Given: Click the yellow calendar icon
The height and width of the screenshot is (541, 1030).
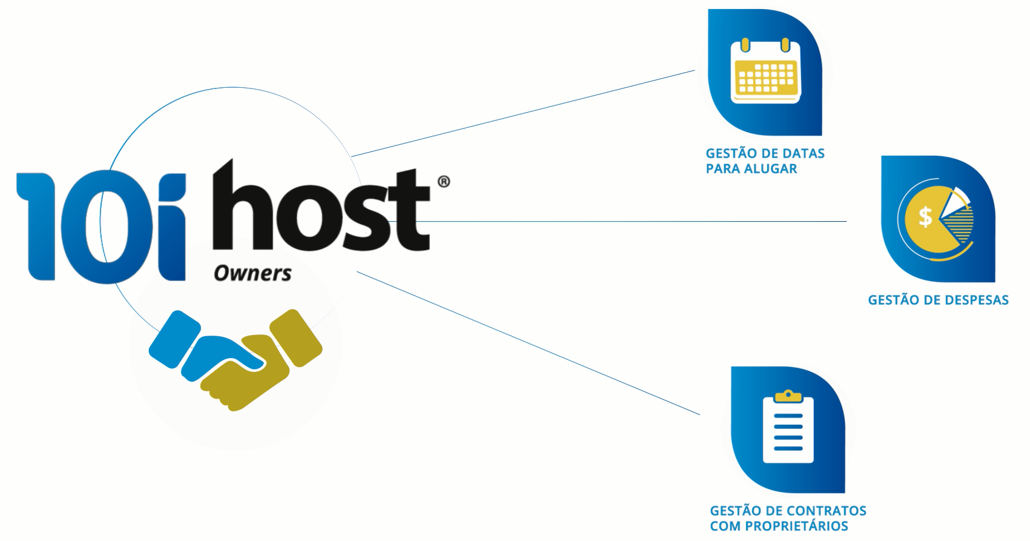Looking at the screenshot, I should point(765,71).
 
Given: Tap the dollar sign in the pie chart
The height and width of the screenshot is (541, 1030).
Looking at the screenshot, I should point(925,216).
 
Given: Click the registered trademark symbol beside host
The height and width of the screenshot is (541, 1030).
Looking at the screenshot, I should point(443,182).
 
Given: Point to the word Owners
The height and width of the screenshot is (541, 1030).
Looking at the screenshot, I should point(253,274).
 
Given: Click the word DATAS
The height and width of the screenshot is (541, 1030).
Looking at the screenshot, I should point(803,153).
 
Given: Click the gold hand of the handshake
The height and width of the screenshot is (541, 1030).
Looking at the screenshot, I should point(266,370).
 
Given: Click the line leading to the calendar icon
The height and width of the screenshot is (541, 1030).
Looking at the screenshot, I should point(521,113).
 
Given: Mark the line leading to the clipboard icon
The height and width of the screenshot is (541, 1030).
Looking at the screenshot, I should point(527,342).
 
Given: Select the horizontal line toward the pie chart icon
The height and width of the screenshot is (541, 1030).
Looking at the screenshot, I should point(636,222).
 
